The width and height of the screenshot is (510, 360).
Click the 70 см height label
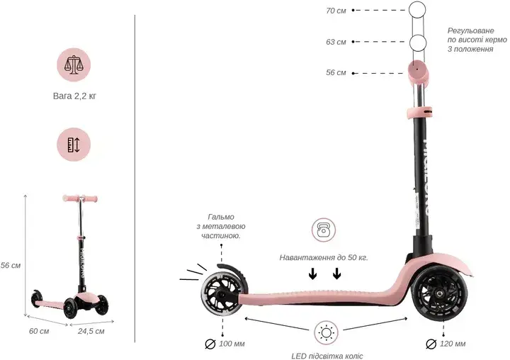(336, 11)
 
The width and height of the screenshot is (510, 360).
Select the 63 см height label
(336, 42)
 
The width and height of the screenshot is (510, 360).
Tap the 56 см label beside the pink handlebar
(336, 72)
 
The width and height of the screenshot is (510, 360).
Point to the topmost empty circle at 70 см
(417, 10)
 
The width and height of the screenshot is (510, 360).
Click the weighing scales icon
(74, 64)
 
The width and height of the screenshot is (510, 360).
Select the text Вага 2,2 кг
(74, 96)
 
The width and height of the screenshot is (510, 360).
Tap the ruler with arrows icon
(74, 145)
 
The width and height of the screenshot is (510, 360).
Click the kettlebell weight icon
(324, 230)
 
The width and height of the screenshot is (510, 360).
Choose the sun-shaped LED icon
(327, 333)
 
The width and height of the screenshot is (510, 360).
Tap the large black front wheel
(440, 295)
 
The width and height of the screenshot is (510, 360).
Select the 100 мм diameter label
(225, 344)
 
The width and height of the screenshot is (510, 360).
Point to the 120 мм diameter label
(446, 344)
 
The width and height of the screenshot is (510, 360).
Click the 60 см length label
(39, 331)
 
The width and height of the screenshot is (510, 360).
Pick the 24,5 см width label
(91, 332)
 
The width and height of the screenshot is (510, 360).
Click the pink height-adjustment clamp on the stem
(419, 112)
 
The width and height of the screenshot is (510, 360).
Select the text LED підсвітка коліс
(327, 356)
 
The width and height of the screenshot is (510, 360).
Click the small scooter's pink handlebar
(80, 198)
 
